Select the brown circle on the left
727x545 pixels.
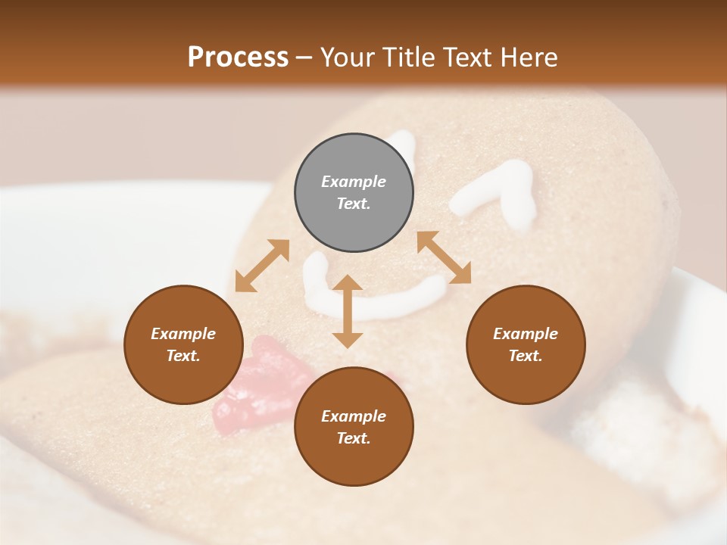click(x=183, y=344)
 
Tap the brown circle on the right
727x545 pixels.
click(x=526, y=344)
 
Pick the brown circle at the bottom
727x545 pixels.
click(x=354, y=426)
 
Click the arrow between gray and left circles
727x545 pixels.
click(x=262, y=266)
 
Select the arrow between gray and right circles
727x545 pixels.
click(x=444, y=258)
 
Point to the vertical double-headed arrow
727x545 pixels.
click(x=348, y=311)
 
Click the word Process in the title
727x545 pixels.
click(x=238, y=57)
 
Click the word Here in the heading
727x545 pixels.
click(x=530, y=57)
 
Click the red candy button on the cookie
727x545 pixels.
click(x=261, y=386)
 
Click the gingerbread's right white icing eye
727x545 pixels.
click(x=496, y=193)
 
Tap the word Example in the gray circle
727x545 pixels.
click(x=354, y=182)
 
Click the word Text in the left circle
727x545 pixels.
click(x=183, y=356)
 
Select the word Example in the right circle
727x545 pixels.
click(x=526, y=334)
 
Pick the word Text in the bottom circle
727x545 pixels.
click(x=354, y=438)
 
